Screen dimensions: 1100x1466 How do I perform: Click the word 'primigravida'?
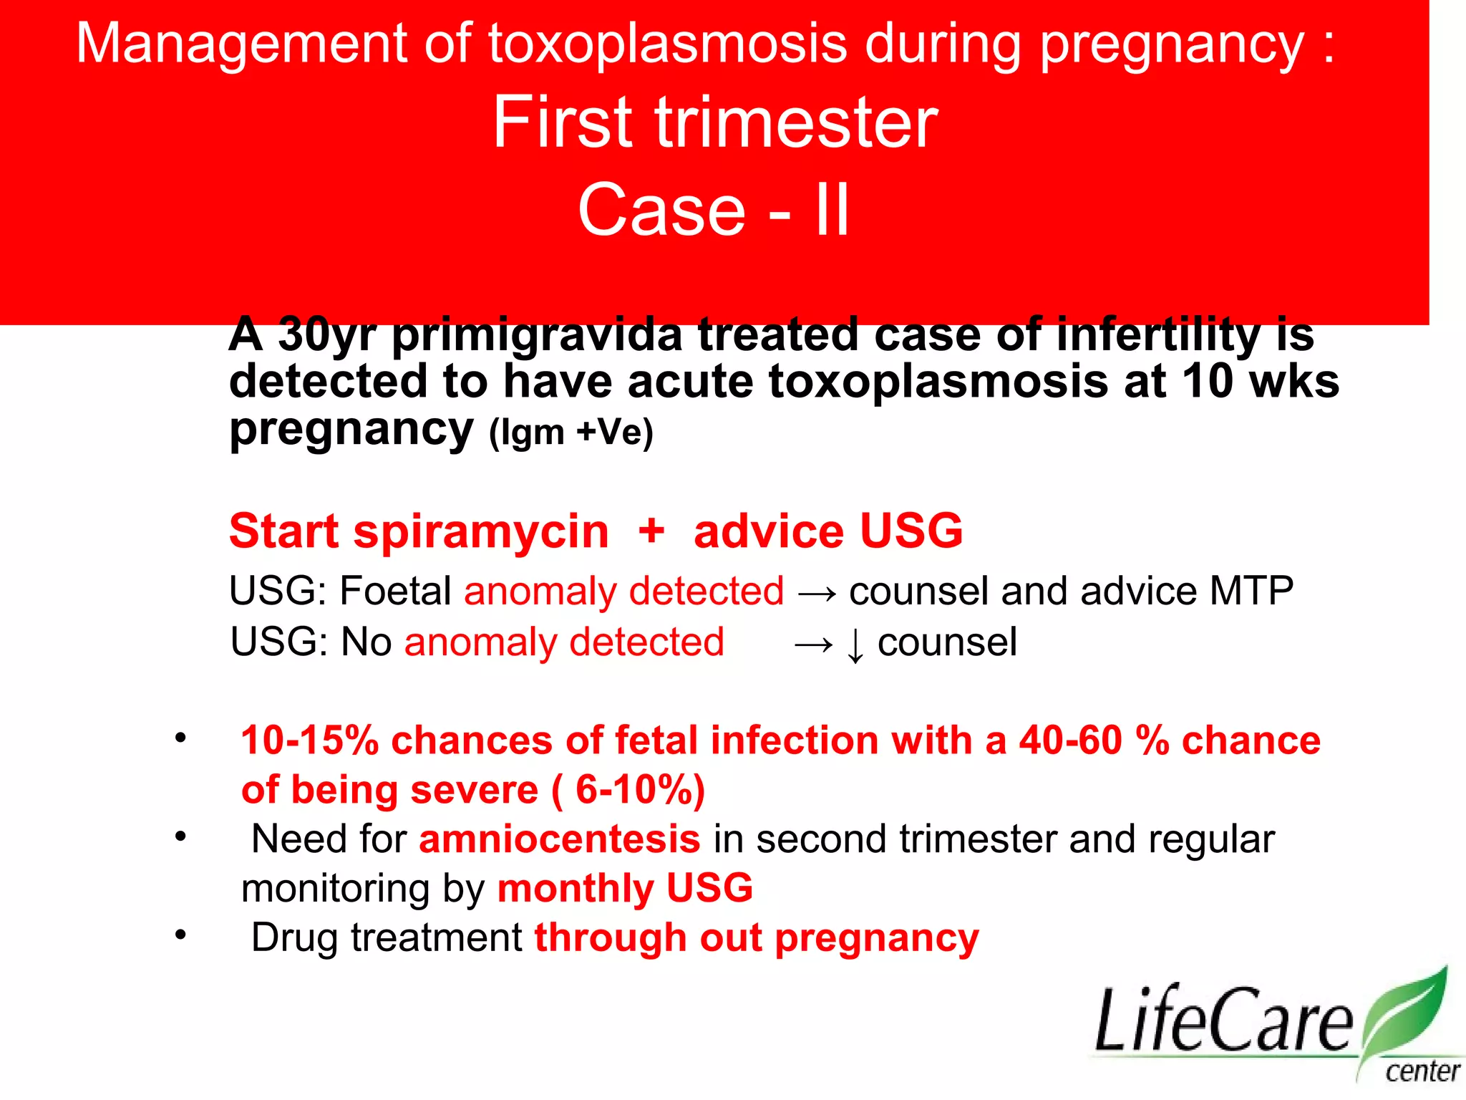point(537,335)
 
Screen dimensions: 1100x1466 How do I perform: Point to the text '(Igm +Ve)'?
point(571,433)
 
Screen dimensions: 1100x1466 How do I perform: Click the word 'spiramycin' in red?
point(481,531)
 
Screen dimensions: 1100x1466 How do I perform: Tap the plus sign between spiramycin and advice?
point(651,531)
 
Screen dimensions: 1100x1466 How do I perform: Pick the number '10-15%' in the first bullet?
point(309,740)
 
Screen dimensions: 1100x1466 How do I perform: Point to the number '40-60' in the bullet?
point(1070,740)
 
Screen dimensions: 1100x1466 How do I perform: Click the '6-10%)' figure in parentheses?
point(640,790)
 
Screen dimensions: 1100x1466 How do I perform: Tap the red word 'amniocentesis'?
point(559,839)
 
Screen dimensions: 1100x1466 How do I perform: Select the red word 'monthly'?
point(575,889)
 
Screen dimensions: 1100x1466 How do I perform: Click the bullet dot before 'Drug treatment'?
point(180,934)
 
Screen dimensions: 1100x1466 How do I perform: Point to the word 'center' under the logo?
point(1422,1072)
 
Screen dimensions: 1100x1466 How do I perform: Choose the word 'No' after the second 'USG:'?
point(366,642)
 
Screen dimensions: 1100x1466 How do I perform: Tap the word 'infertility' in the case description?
point(1157,335)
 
